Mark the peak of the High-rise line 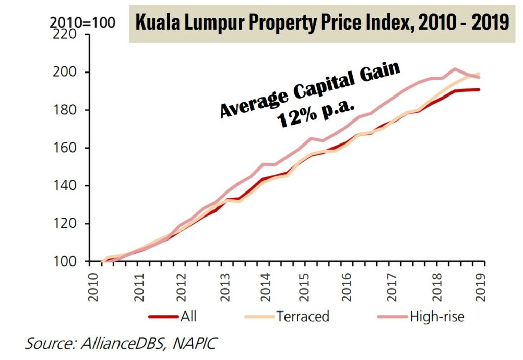click(455, 68)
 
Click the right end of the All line click(479, 90)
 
